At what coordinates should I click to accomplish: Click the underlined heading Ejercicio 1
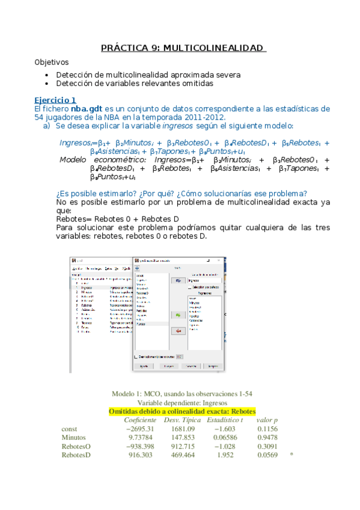55,100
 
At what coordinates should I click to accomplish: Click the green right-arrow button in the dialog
178,315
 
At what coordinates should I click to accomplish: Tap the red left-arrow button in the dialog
178,331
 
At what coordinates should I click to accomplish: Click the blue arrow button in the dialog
178,280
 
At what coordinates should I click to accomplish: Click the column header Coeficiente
140,420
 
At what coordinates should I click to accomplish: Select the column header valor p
267,420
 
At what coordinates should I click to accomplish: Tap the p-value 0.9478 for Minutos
267,438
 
